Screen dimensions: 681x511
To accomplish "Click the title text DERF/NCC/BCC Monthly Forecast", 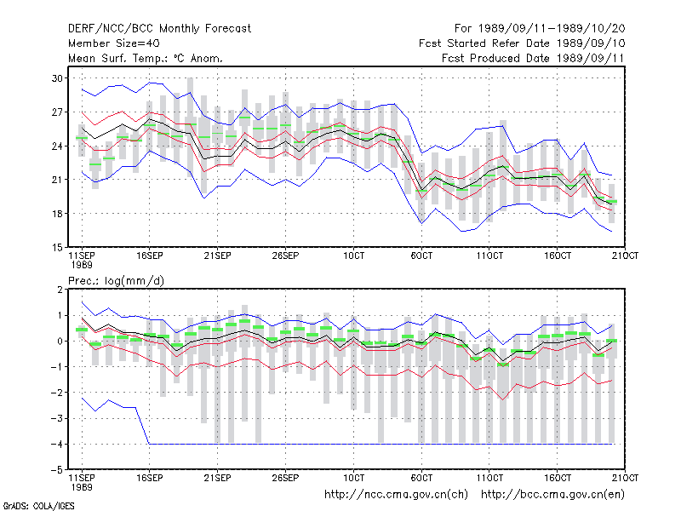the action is tap(159, 29).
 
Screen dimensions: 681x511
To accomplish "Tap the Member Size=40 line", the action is tap(114, 43).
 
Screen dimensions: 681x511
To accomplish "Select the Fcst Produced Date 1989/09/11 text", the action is tap(533, 58).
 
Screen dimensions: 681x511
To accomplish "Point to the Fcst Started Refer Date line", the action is tap(522, 43).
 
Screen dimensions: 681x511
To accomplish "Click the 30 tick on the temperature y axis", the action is tap(57, 78).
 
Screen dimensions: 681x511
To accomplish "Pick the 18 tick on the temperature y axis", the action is tap(57, 214).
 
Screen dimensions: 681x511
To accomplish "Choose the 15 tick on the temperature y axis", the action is tap(57, 248).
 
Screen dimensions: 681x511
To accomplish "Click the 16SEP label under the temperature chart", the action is tap(150, 256).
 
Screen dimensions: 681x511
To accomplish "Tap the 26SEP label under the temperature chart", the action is tap(285, 256).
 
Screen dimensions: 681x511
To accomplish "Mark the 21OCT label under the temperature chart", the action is tap(625, 256).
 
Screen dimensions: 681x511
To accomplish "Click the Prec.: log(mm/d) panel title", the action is tap(116, 281).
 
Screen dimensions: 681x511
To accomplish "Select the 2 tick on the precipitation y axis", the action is tap(60, 290).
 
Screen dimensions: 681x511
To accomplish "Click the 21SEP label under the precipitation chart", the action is tap(217, 478).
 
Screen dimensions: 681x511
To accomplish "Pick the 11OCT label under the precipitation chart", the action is tap(489, 478).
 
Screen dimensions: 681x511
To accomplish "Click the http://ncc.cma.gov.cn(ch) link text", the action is tap(396, 495).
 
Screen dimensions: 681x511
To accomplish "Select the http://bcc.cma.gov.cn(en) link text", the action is tap(552, 495).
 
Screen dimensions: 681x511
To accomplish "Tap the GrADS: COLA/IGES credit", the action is tap(38, 506).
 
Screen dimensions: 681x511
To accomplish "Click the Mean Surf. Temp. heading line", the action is tap(146, 58).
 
